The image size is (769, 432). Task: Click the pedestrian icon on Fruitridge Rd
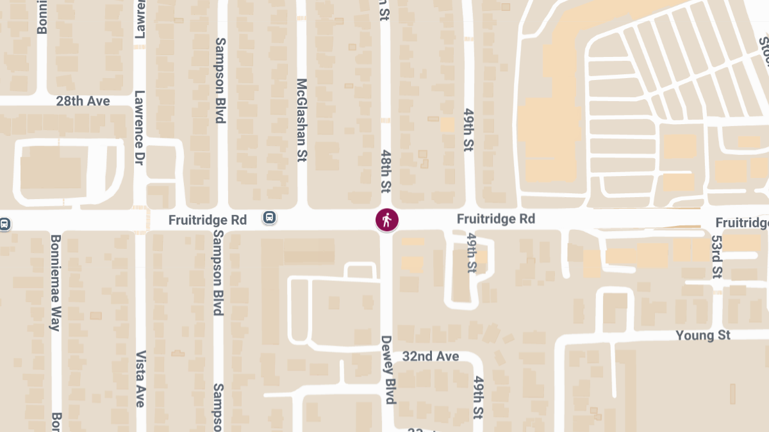(x=386, y=220)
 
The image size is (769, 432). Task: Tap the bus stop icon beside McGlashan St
(x=270, y=218)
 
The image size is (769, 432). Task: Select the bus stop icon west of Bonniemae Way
(x=4, y=224)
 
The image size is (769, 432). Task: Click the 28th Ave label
(x=83, y=101)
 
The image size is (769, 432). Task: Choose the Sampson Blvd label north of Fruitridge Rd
(x=220, y=80)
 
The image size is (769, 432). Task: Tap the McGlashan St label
(x=302, y=120)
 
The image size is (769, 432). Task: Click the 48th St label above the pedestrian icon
(x=385, y=172)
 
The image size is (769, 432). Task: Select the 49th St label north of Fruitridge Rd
(x=468, y=129)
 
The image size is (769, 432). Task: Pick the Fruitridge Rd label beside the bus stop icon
(x=207, y=220)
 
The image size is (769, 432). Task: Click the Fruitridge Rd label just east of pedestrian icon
(x=495, y=219)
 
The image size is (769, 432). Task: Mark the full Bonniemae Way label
(x=56, y=282)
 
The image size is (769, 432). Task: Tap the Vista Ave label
(x=140, y=379)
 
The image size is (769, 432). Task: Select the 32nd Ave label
(x=431, y=356)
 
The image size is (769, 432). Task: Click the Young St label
(x=703, y=335)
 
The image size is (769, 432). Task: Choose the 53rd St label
(x=716, y=256)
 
